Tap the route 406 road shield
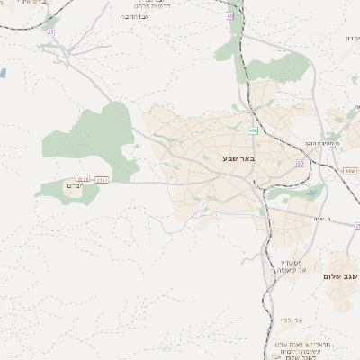click(x=254, y=130)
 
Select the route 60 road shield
click(x=300, y=163)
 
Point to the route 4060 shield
click(x=350, y=170)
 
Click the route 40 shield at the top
click(x=230, y=16)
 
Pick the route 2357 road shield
click(x=102, y=180)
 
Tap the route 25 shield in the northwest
click(x=50, y=32)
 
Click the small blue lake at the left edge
click(x=3, y=72)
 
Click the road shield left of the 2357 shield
click(x=83, y=180)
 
